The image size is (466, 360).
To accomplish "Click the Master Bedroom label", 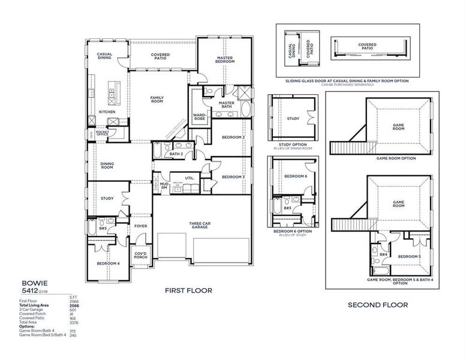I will click(225, 59).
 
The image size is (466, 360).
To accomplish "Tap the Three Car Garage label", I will click(199, 225).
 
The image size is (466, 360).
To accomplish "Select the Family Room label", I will click(157, 100).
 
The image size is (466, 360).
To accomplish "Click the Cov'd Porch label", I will click(141, 256).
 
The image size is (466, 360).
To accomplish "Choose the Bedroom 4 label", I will click(108, 263).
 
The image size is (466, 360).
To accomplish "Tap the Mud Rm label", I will click(163, 187).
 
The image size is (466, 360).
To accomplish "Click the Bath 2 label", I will click(176, 154).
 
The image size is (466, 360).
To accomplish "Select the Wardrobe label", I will click(200, 116).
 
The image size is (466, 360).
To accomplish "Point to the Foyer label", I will click(140, 226).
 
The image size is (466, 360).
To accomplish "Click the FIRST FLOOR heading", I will click(188, 290).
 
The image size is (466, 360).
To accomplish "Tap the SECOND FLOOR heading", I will click(378, 305).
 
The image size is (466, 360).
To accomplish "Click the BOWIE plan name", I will click(31, 282).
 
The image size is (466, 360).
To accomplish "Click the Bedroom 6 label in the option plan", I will click(295, 176).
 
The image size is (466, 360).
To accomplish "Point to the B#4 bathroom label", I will click(383, 254).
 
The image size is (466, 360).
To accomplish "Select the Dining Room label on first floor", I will click(107, 165).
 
